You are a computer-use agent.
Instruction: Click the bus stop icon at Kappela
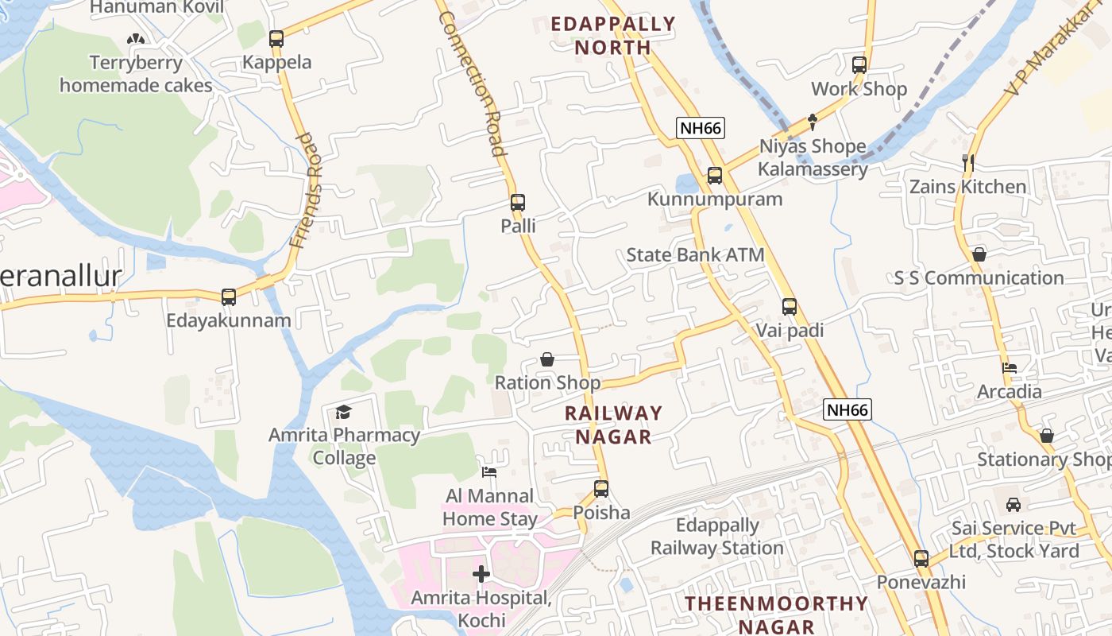pos(276,38)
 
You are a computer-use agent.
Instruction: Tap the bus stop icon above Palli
pos(518,203)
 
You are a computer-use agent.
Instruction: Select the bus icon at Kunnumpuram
pos(715,176)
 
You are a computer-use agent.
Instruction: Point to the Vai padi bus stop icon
pos(789,307)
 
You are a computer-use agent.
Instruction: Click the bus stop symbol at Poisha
pos(601,489)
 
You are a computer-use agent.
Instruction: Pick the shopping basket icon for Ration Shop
pos(547,359)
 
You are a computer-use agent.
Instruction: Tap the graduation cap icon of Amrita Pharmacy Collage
pos(343,412)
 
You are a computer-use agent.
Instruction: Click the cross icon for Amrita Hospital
pos(481,574)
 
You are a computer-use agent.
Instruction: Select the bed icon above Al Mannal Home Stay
pos(489,472)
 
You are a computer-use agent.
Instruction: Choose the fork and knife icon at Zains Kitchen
pos(967,163)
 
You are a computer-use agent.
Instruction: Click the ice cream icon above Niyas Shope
pos(813,122)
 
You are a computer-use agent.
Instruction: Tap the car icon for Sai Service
pos(1014,505)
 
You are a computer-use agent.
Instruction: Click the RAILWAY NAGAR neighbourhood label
pos(613,425)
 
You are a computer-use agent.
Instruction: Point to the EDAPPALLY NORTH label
pos(613,36)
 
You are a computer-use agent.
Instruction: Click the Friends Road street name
pos(307,191)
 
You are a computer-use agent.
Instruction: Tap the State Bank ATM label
pos(695,255)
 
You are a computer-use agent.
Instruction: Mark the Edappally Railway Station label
pos(717,537)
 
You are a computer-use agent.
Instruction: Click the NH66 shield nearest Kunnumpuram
pos(701,128)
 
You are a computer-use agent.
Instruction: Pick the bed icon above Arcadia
pos(1010,368)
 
